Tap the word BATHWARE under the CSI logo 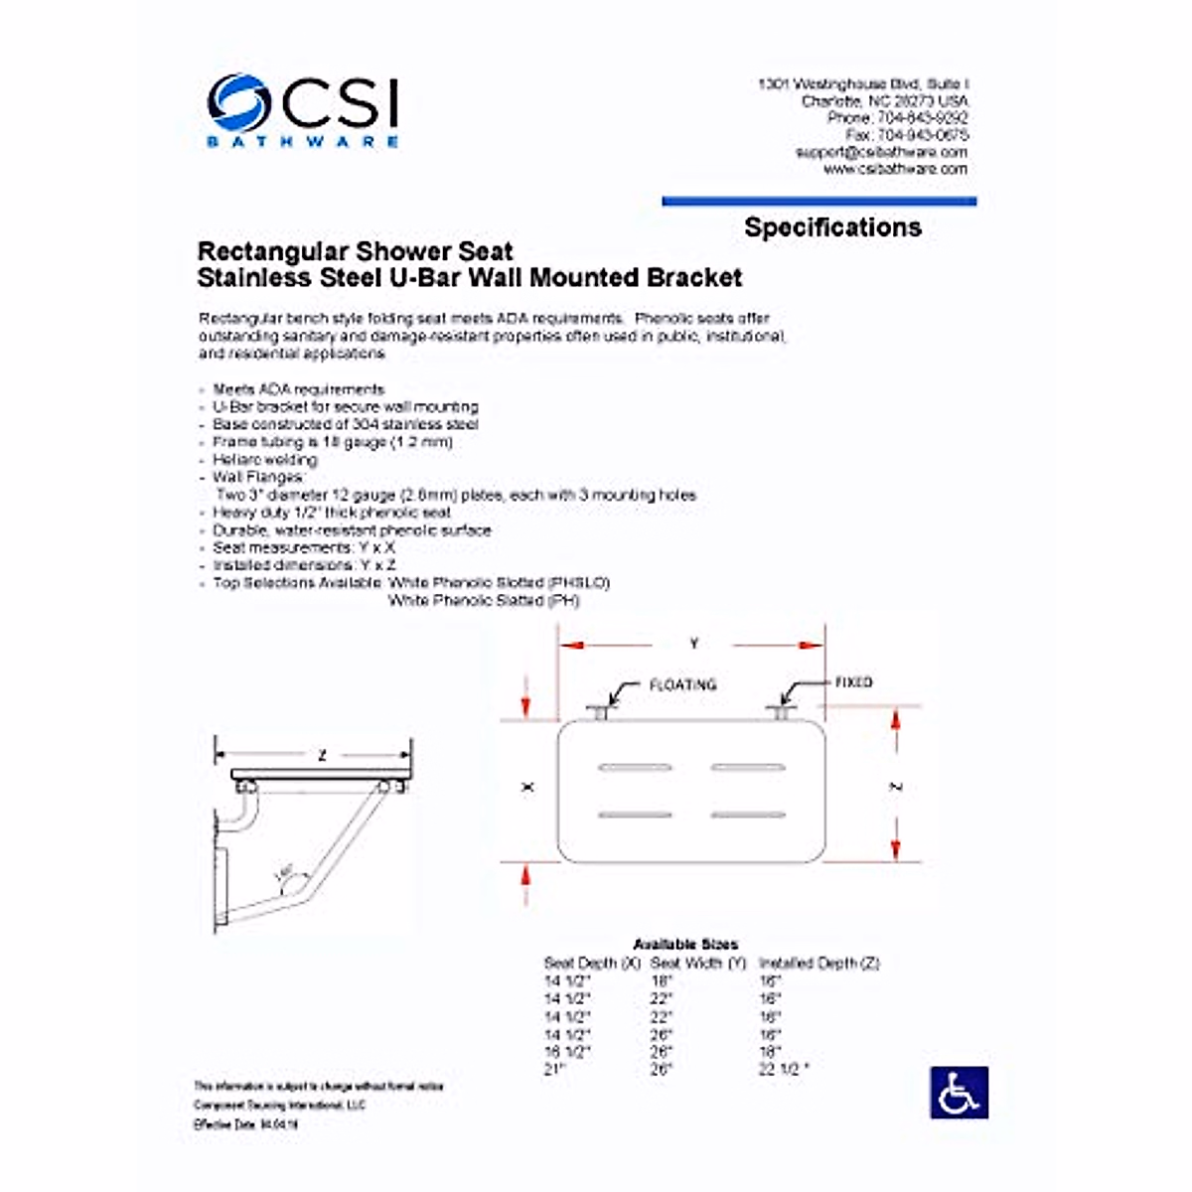coord(303,142)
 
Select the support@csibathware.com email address coord(880,152)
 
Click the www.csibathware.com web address coord(894,169)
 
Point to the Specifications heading coord(832,227)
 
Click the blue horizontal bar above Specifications coord(819,202)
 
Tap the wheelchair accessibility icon coord(959,1092)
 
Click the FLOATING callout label coord(682,685)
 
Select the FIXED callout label coord(853,682)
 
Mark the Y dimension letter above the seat coord(693,644)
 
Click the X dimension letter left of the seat coord(527,787)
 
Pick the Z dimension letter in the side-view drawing coord(321,756)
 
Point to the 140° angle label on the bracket coord(284,874)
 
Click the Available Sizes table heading coord(685,944)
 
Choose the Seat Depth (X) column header coord(592,963)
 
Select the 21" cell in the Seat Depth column coord(554,1069)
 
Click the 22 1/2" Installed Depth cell coord(784,1069)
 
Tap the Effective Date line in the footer coord(246,1124)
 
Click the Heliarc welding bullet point coord(264,460)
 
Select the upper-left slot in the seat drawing coord(635,768)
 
